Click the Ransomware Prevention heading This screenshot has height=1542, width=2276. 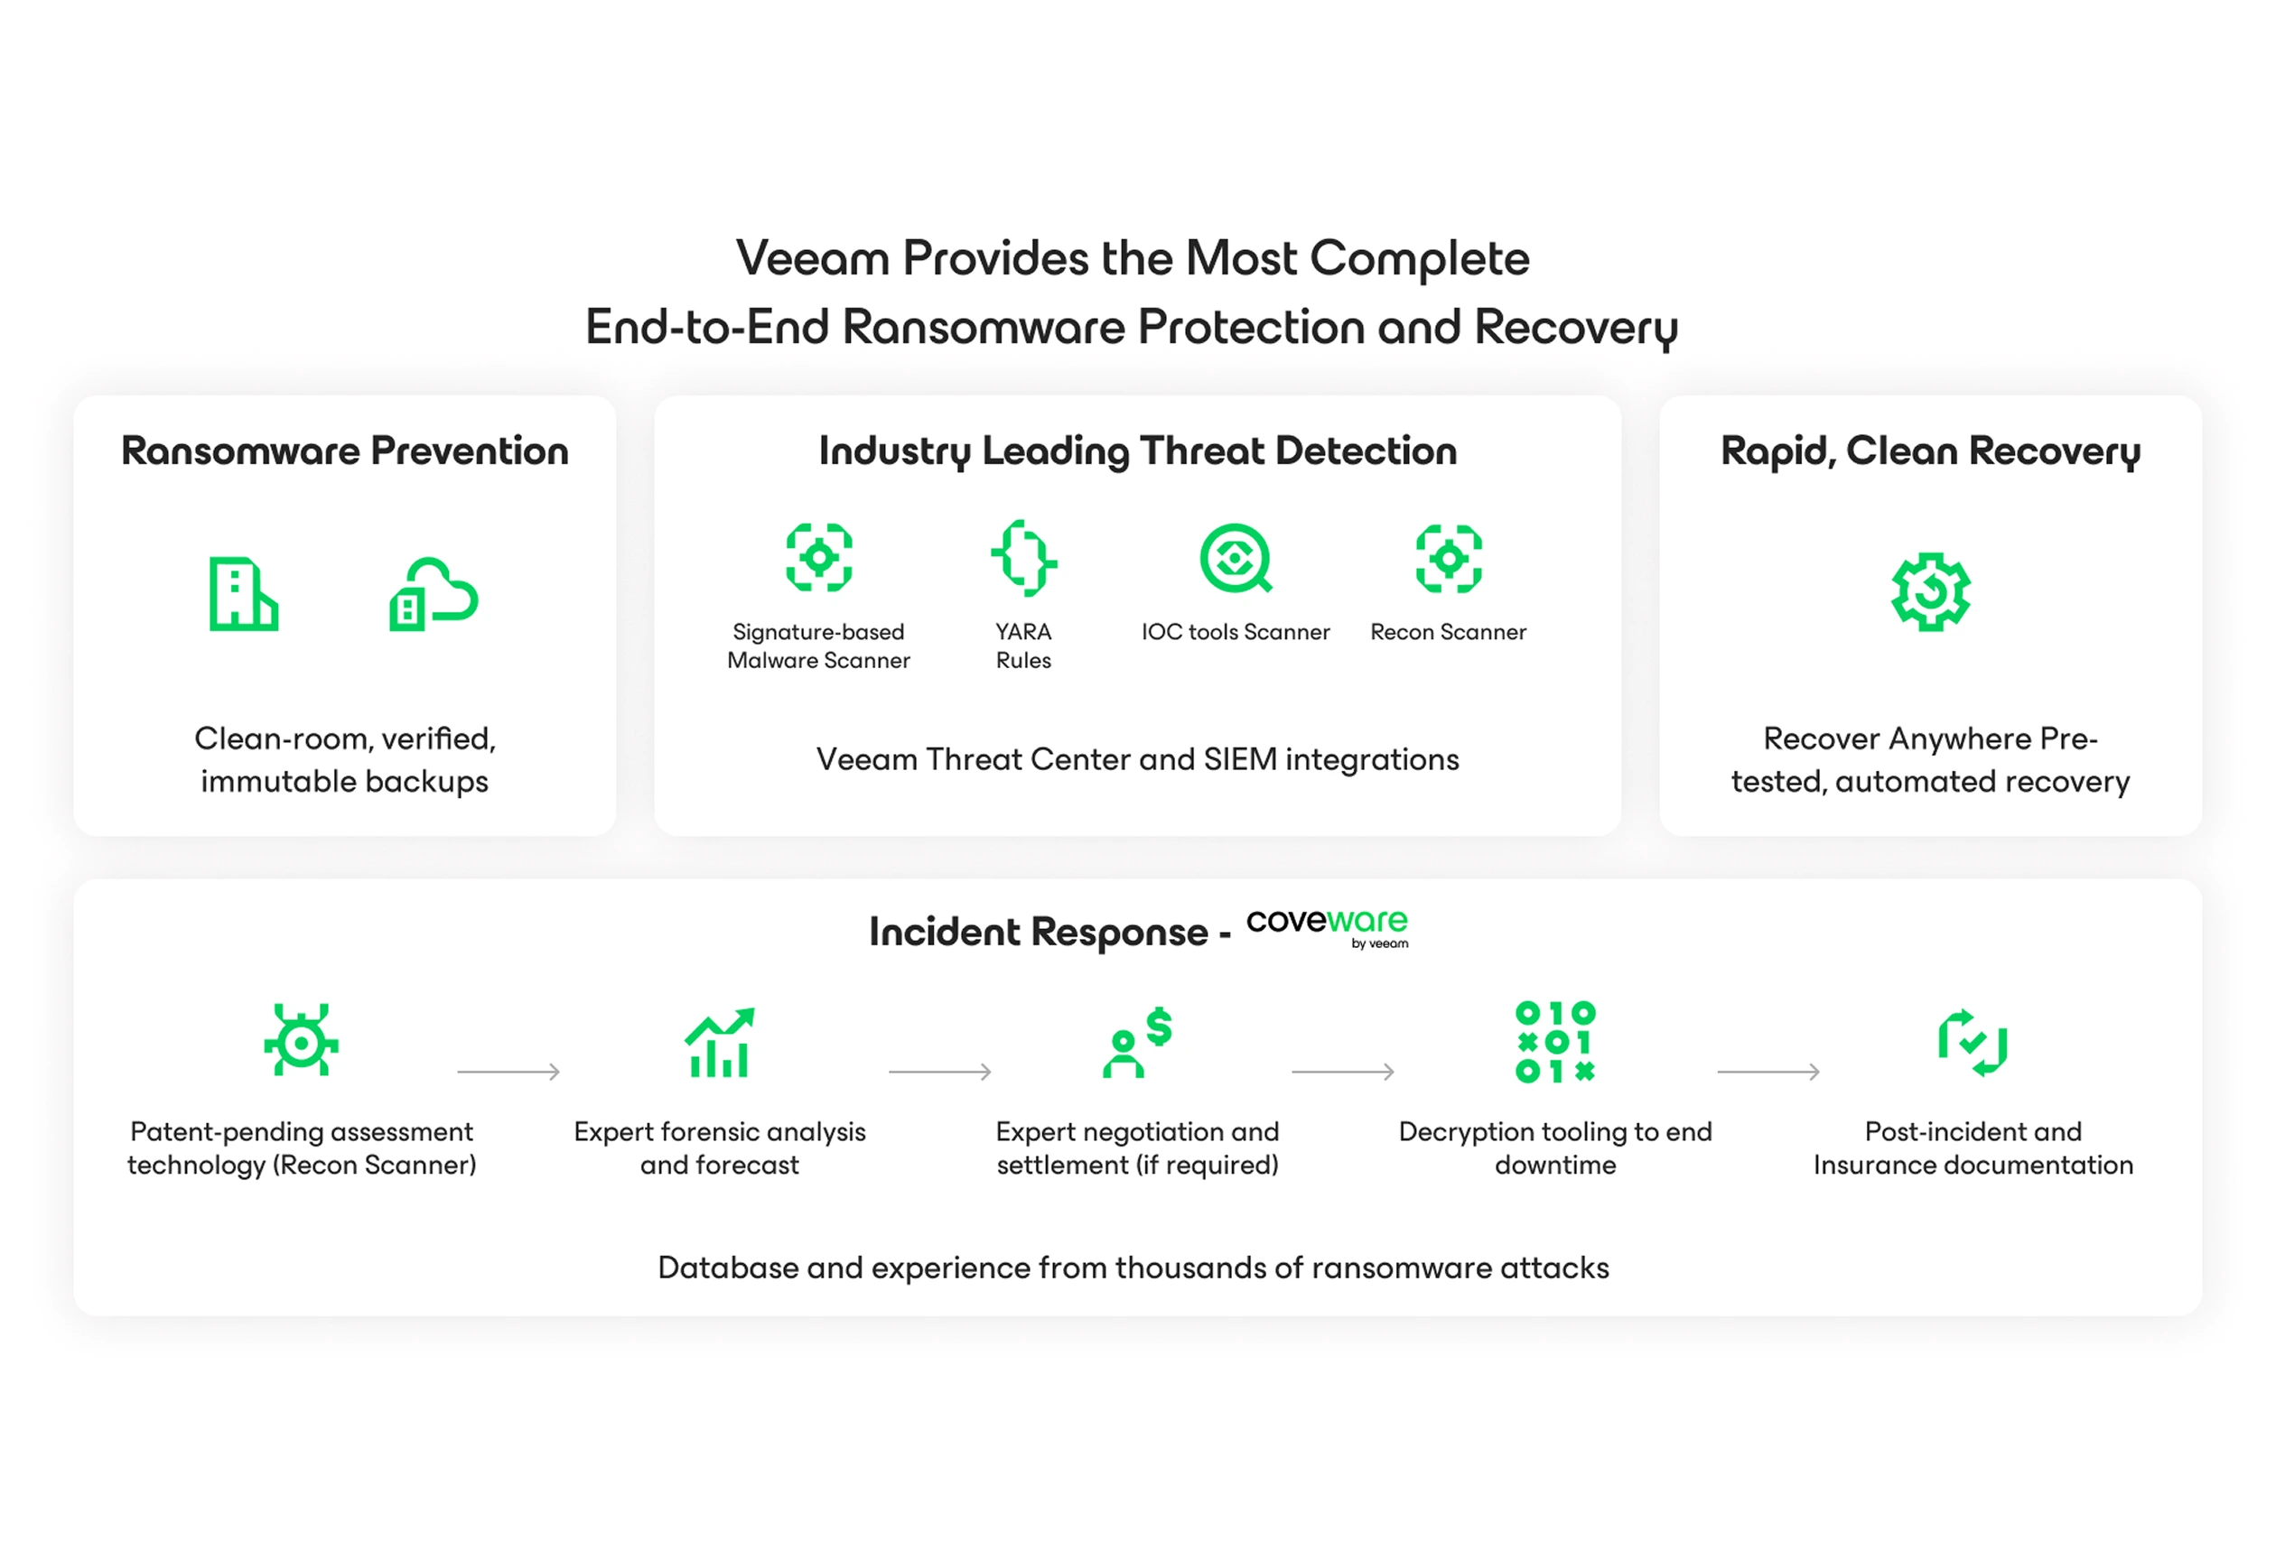[345, 451]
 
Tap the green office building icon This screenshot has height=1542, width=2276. [244, 594]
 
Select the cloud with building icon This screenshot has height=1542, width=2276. [434, 594]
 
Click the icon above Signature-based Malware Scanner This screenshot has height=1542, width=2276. [819, 558]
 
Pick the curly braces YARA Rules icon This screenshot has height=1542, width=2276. [1023, 558]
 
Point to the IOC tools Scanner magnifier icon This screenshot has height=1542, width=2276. [1236, 558]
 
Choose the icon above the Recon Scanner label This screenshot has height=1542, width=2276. [1449, 558]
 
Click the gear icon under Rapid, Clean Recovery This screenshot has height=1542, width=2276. [1930, 592]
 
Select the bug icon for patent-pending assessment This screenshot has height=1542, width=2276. [302, 1040]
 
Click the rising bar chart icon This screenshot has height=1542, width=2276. [720, 1042]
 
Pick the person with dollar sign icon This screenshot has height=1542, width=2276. [1137, 1042]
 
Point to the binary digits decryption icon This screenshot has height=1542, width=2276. [1555, 1042]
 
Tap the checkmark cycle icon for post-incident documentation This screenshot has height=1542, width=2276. [1973, 1042]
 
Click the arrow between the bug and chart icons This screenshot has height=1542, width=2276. [508, 1072]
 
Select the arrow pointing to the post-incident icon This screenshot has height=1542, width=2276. [1768, 1072]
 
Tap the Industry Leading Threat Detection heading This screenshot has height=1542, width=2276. [1138, 451]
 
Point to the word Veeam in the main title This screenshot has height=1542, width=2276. [813, 258]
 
